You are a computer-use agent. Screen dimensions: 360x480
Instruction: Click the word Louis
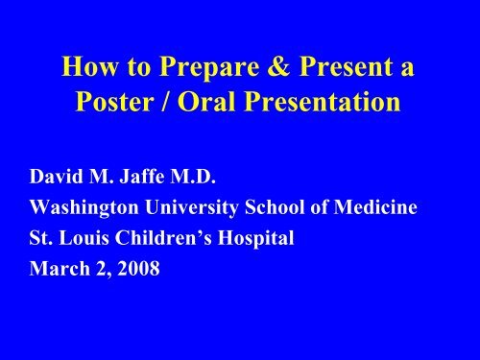[x=85, y=230]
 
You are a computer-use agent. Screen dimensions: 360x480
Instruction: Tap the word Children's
[x=167, y=230]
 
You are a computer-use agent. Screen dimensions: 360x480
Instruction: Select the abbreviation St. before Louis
[x=43, y=230]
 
